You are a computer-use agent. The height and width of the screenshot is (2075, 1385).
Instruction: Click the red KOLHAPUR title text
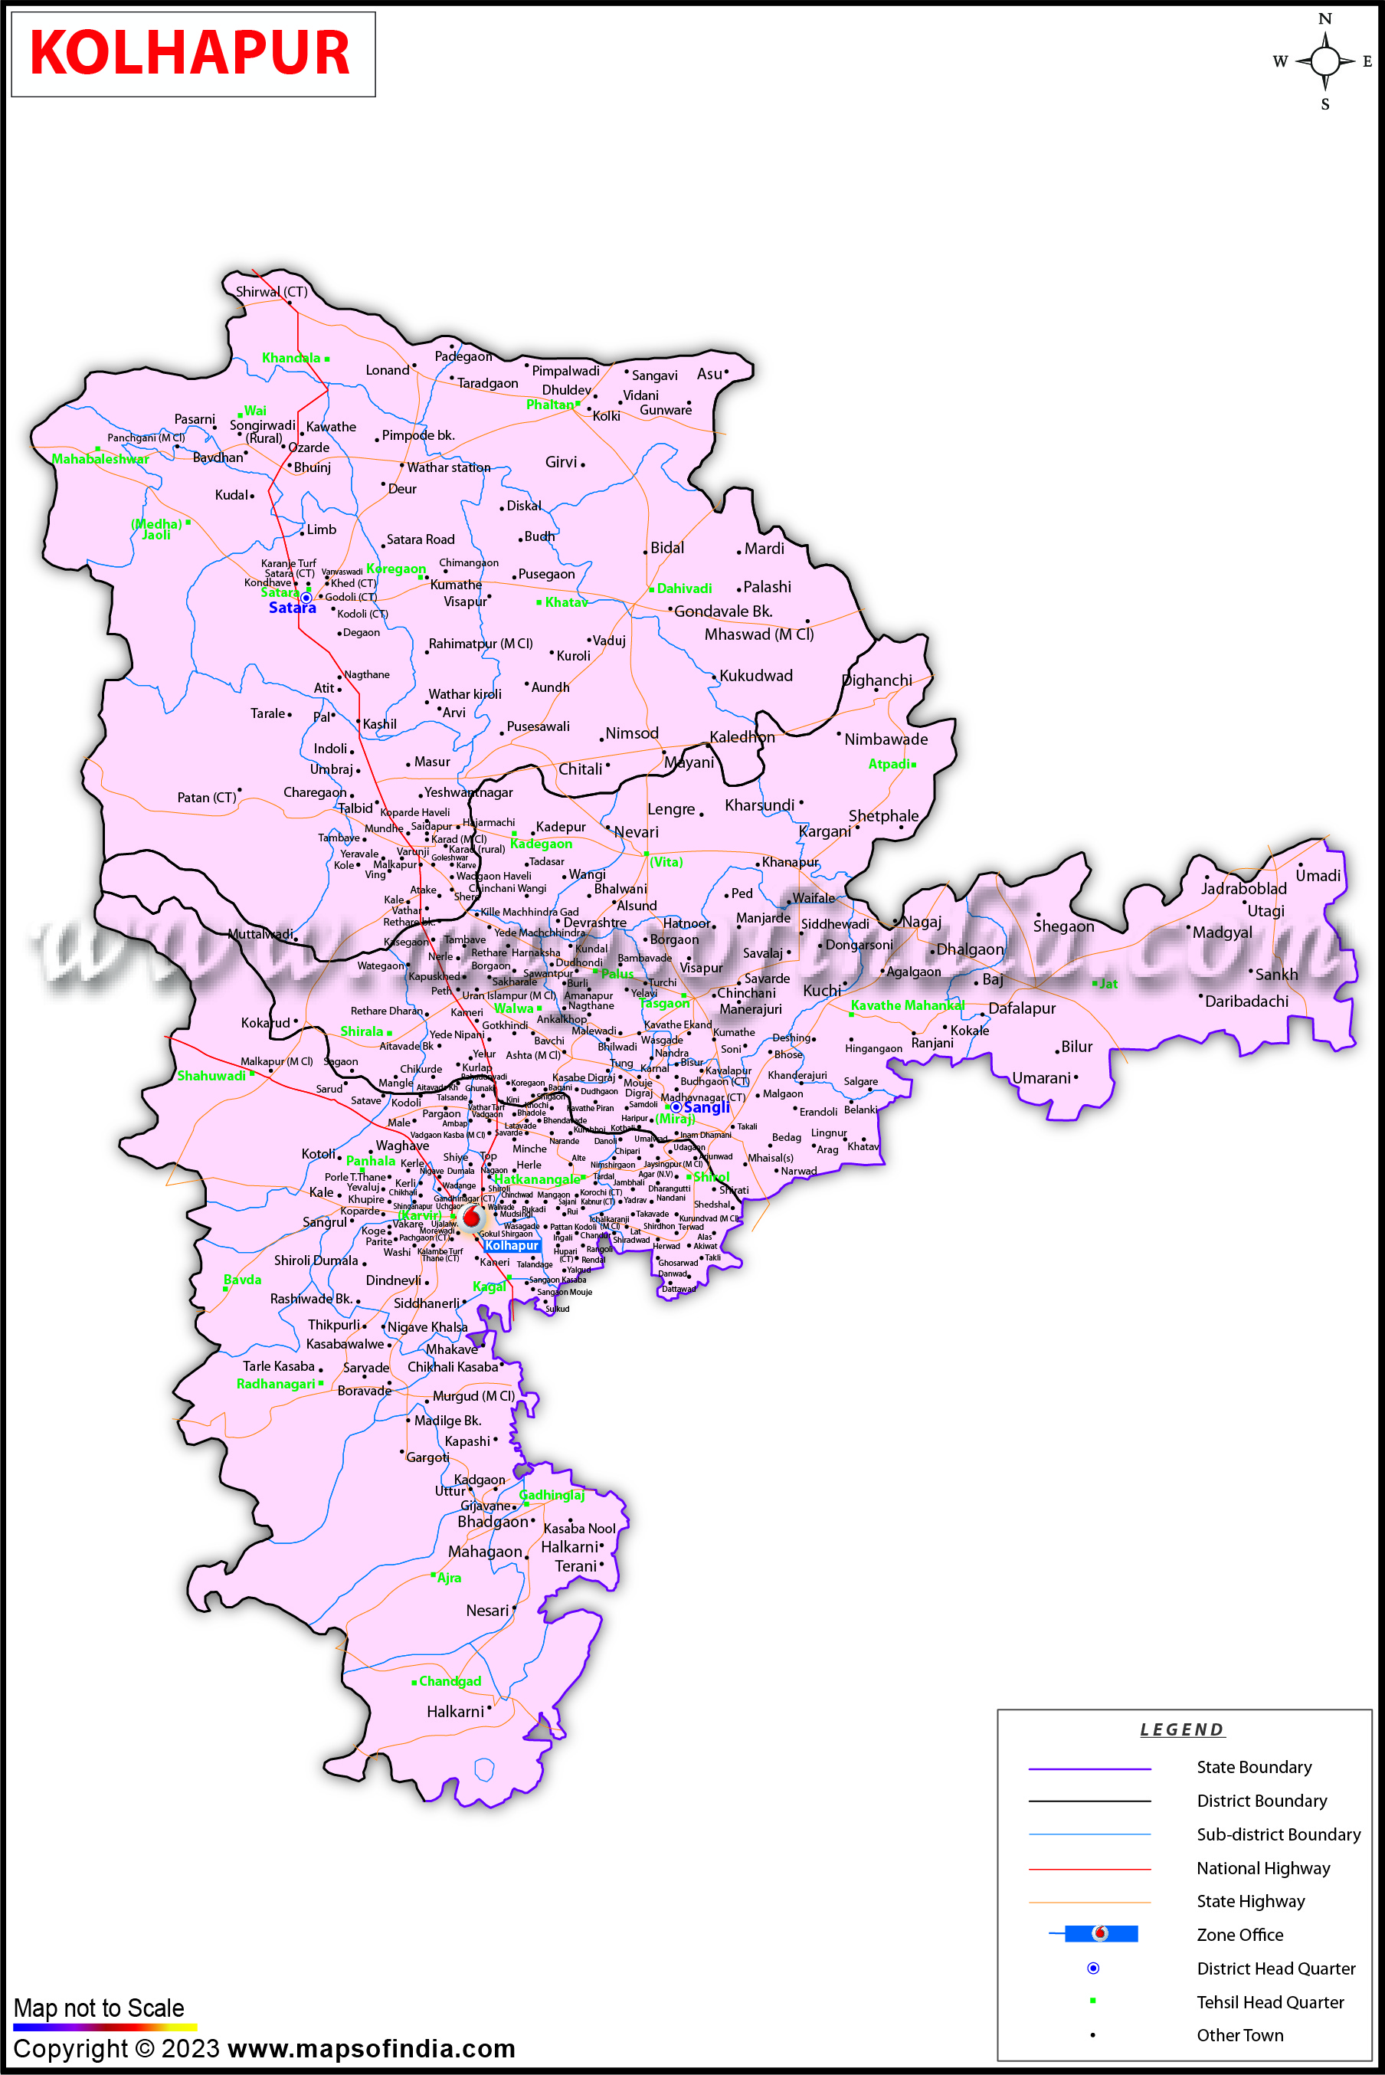[x=190, y=53]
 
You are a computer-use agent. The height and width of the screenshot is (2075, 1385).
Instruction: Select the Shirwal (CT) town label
[x=271, y=291]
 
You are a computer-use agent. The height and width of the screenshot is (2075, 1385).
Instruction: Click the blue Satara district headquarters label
[x=292, y=608]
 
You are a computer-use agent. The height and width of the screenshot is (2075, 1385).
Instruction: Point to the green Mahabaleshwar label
[x=100, y=459]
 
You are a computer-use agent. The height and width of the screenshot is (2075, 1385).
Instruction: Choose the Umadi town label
[x=1317, y=875]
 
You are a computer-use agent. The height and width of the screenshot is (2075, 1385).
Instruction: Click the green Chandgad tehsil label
[x=450, y=1681]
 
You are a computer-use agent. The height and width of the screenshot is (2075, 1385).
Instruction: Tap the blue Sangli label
[x=706, y=1108]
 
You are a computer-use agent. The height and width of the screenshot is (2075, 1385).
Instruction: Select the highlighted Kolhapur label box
[x=512, y=1245]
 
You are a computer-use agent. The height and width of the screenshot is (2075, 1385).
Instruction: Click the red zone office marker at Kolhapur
[x=472, y=1218]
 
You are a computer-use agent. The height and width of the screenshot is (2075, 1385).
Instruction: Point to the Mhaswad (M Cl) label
[x=758, y=634]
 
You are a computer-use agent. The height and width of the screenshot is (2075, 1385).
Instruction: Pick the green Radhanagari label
[x=276, y=1383]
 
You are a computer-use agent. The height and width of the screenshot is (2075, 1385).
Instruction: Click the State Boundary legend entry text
[x=1253, y=1767]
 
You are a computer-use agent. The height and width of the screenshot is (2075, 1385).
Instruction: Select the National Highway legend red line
[x=1089, y=1868]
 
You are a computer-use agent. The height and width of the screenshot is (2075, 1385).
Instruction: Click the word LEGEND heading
[x=1181, y=1729]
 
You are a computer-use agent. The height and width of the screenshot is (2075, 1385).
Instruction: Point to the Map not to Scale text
[x=99, y=2008]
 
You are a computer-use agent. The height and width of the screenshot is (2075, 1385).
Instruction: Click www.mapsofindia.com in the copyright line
[x=371, y=2048]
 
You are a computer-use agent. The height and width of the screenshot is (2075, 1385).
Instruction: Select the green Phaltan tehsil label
[x=549, y=405]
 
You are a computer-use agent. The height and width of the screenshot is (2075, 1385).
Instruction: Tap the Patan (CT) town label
[x=206, y=798]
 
